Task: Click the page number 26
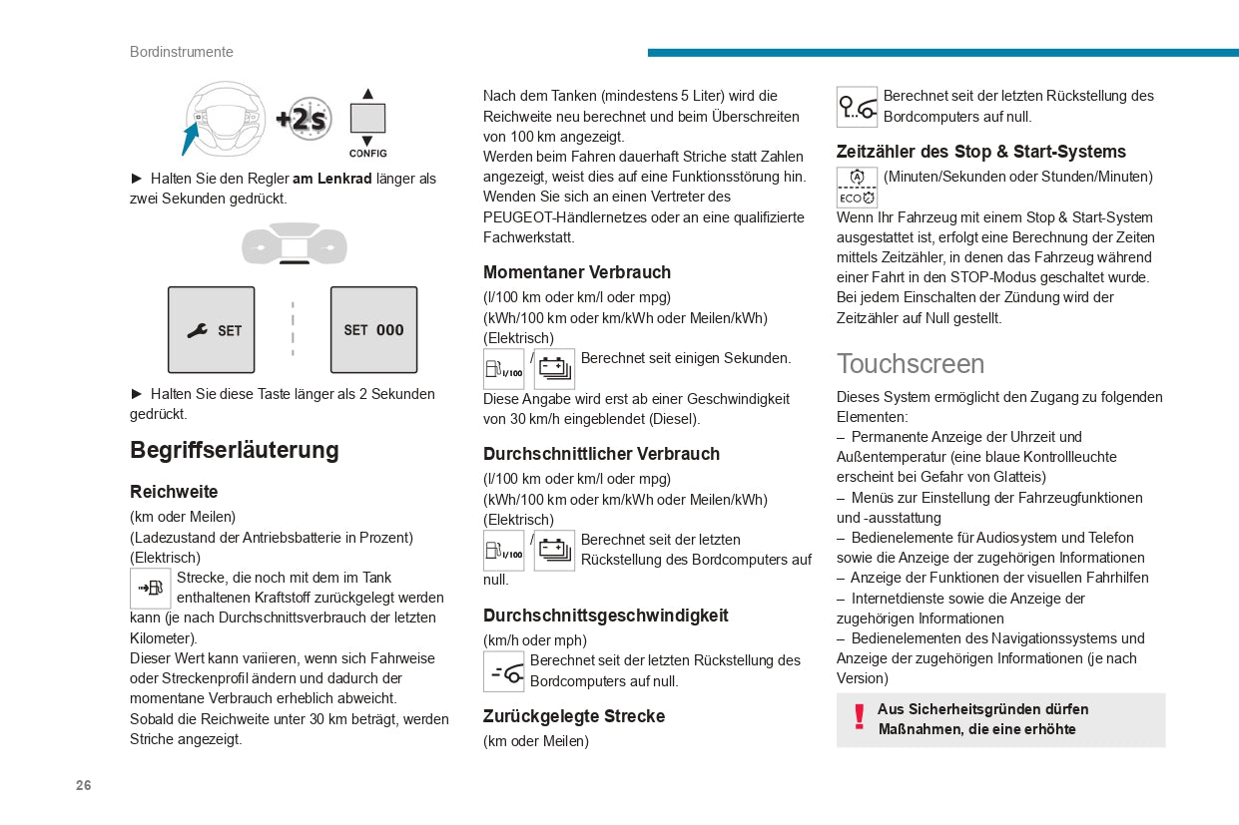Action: [83, 785]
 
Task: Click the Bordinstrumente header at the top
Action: [181, 52]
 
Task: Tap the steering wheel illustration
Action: [226, 119]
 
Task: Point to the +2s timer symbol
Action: [304, 120]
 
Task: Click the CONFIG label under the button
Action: [367, 154]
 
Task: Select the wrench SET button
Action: [211, 330]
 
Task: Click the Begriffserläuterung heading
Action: [235, 450]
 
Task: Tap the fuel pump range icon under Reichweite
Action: [151, 589]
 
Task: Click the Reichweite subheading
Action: [174, 492]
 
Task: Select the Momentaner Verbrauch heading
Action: [577, 272]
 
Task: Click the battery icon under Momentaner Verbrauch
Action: [554, 369]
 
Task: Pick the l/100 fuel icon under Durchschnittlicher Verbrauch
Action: [503, 551]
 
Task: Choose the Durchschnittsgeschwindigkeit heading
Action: [606, 616]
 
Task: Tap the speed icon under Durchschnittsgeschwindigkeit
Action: [504, 671]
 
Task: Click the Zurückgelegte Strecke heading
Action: [574, 716]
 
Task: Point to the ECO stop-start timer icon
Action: [857, 188]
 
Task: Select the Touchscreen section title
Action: [911, 363]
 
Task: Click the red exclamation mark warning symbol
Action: [859, 717]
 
